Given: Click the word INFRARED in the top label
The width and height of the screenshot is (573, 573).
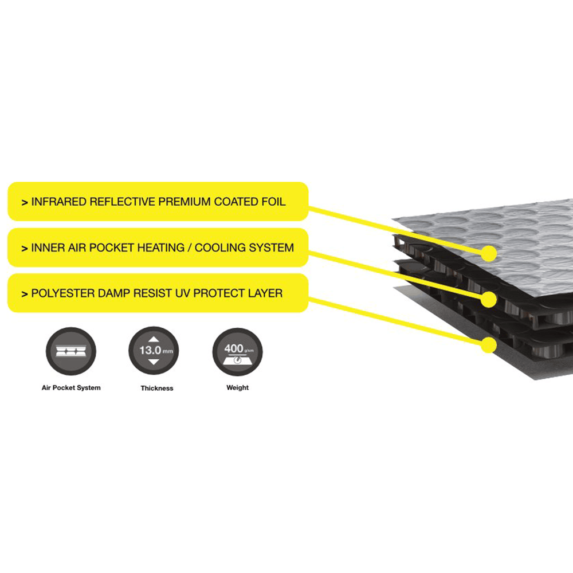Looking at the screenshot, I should (58, 202).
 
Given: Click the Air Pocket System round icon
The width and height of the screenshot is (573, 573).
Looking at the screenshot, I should (70, 351).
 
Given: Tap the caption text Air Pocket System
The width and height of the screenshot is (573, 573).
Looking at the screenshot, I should (71, 388).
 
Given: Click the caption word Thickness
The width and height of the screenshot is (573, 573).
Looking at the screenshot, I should (156, 388).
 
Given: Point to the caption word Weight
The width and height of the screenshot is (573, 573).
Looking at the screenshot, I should (237, 388).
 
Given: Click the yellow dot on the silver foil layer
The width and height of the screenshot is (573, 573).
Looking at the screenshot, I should (489, 252).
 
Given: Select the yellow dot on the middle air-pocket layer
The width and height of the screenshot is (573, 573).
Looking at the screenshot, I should (489, 299).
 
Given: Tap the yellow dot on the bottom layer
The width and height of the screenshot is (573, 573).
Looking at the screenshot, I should (489, 344).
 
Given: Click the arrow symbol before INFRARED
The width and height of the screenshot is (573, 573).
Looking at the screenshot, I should (24, 203).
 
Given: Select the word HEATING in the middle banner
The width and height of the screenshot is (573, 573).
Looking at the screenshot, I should (159, 248).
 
